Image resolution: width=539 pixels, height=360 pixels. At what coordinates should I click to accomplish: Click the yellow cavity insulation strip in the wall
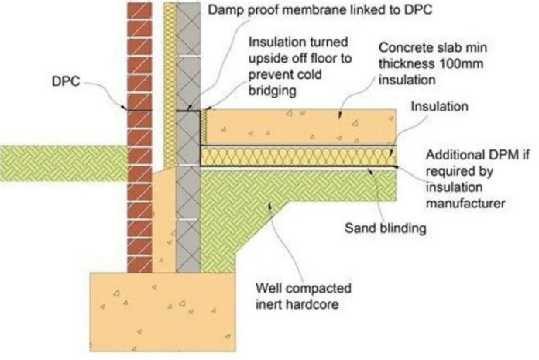168,77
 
